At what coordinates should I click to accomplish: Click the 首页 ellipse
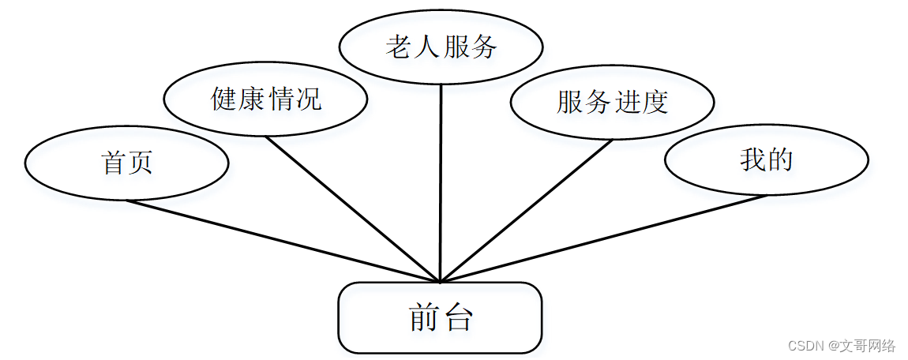pos(126,163)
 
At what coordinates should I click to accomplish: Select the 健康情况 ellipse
pos(265,100)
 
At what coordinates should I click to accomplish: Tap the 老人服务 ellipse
pos(441,47)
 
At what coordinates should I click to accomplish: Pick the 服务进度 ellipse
pos(612,102)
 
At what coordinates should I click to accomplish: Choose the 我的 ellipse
pos(766,160)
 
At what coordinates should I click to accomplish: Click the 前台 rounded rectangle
pos(440,317)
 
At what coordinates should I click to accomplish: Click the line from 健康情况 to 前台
pos(352,209)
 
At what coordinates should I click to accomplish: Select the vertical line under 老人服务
pos(441,182)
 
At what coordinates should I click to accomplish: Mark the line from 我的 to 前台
pos(603,238)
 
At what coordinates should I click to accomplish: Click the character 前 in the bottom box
pos(424,317)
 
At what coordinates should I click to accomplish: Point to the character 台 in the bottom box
pos(458,317)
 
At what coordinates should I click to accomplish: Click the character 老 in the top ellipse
pos(398,47)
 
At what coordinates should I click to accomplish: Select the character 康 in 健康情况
pos(252,100)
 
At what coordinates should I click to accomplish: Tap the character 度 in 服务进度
pos(655,102)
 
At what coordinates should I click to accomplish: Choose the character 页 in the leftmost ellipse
pos(140,163)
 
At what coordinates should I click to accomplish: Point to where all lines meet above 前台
pos(440,281)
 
